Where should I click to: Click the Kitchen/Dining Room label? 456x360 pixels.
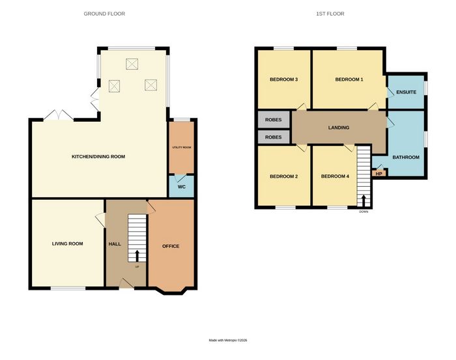98,157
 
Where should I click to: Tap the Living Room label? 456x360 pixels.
68,243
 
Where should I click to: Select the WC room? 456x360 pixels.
182,186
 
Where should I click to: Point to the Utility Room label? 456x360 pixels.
182,147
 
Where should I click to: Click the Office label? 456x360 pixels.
171,246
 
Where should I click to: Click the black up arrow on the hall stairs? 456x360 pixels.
137,256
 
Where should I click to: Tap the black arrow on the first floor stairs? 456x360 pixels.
363,201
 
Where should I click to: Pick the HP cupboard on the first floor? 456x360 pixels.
379,173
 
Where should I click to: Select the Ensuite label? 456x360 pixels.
406,92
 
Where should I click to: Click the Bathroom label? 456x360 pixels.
406,157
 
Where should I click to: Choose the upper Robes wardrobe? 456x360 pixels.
274,119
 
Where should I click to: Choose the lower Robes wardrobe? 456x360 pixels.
274,137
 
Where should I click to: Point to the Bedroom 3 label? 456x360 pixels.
284,79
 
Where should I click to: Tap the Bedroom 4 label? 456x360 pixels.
335,176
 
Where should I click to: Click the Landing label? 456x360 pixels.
339,128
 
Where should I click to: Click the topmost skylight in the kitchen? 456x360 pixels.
132,64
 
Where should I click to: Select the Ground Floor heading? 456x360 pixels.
104,14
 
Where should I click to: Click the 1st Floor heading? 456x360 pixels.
330,14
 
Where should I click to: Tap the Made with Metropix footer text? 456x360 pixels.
228,340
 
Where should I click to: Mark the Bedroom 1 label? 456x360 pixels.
349,79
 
